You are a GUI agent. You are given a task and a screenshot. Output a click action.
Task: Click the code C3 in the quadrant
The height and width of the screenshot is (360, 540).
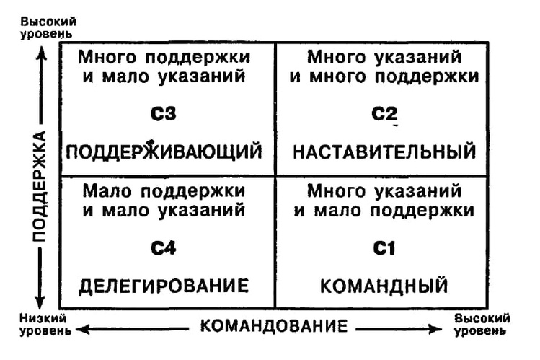165,113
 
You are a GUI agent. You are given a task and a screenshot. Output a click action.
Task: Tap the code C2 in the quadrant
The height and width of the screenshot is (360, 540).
384,113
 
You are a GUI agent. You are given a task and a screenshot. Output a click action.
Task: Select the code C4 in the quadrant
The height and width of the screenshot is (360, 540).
164,249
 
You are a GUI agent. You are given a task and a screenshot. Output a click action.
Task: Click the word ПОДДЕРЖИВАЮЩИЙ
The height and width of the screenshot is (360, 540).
164,152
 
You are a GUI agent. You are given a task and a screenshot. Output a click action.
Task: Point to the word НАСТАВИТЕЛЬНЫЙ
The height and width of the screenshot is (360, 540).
385,152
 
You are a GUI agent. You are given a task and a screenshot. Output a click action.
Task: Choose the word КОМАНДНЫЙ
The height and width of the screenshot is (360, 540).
384,286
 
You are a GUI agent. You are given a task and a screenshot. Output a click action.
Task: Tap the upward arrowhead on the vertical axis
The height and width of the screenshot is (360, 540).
41,52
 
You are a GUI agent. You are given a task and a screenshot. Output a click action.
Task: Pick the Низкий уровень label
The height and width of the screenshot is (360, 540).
45,325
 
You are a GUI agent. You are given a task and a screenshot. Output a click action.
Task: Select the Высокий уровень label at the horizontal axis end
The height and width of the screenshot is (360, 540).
482,325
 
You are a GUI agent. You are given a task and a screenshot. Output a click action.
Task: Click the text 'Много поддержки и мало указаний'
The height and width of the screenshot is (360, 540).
164,65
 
